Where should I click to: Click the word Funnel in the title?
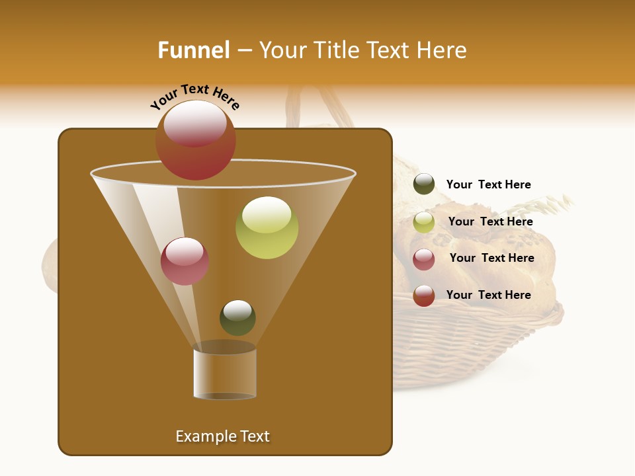(193, 50)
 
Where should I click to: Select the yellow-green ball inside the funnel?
(267, 228)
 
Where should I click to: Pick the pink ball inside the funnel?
(185, 261)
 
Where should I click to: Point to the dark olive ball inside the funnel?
(237, 318)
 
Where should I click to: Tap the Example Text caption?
(222, 436)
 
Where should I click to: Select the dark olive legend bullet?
(424, 184)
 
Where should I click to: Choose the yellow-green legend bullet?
(424, 222)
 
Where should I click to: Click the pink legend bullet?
(424, 259)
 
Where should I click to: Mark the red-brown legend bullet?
(424, 296)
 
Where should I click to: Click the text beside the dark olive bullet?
(488, 184)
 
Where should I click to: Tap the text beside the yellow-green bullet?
(490, 221)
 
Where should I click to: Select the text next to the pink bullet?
(491, 258)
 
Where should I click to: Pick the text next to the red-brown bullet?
(488, 295)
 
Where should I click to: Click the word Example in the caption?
(200, 436)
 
